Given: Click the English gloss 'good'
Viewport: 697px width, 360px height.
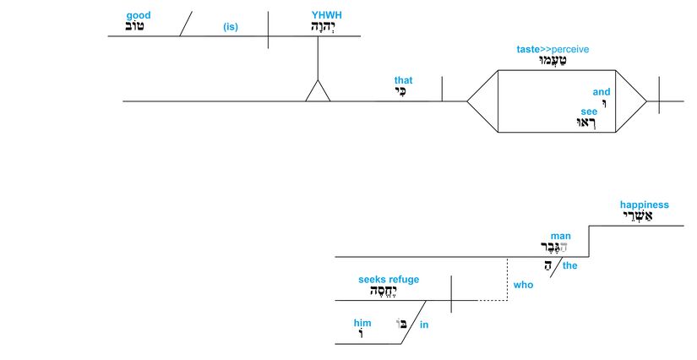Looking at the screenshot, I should click(139, 16).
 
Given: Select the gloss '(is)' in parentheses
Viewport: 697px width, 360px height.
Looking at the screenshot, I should click(231, 27).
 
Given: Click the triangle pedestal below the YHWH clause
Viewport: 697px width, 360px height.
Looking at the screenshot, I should click(318, 91).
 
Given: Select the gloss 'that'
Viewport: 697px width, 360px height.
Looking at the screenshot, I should click(403, 81).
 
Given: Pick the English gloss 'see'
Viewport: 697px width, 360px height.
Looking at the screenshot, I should click(589, 111).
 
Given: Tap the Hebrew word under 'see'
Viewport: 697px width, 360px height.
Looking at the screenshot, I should click(585, 123).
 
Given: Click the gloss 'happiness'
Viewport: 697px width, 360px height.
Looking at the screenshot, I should click(644, 205).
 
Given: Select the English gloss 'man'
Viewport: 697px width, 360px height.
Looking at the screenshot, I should click(561, 236).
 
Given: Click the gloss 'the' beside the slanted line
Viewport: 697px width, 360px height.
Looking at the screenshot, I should click(569, 265).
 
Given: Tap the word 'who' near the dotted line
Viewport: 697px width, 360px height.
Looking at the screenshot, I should click(523, 285).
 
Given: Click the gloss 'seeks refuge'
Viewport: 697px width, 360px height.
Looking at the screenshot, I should click(389, 280).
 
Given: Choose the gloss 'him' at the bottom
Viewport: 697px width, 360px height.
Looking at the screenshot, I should click(362, 323).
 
